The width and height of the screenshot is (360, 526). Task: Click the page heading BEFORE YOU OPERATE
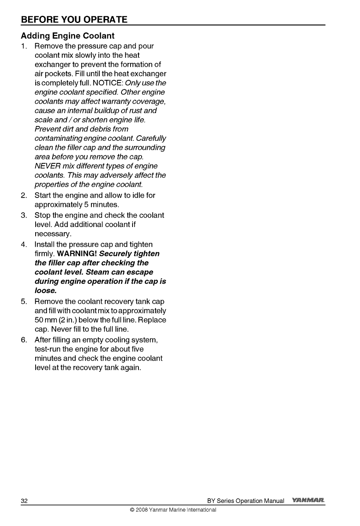(74, 19)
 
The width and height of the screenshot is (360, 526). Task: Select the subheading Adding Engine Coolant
(68, 36)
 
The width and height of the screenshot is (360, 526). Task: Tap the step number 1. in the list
(24, 46)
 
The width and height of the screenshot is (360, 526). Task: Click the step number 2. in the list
(24, 195)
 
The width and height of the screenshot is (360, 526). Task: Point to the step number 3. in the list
(24, 216)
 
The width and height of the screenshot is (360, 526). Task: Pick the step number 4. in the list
(24, 245)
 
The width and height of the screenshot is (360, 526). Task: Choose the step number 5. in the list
(24, 302)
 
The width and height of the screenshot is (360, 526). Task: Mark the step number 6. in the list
(24, 340)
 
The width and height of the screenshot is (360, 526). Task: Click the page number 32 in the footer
(24, 501)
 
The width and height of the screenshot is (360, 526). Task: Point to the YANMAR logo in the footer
(308, 501)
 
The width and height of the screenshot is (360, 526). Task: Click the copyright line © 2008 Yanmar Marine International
(173, 510)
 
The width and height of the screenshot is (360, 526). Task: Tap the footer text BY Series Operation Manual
(245, 501)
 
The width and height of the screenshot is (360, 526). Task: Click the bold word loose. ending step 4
(46, 291)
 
